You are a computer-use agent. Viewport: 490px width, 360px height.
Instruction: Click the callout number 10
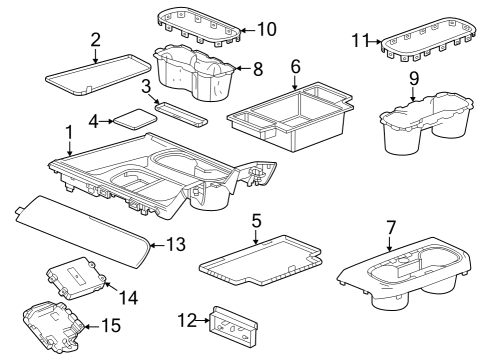tap(267, 29)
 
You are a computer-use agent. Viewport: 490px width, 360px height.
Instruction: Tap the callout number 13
tap(176, 244)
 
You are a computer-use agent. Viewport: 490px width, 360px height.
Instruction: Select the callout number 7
tap(391, 228)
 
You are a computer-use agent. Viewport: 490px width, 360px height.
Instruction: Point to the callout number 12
tap(187, 321)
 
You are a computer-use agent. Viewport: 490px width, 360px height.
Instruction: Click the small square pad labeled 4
tap(135, 119)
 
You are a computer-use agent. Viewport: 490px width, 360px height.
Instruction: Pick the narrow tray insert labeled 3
tap(181, 114)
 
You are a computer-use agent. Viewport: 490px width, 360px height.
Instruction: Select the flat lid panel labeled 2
tap(98, 75)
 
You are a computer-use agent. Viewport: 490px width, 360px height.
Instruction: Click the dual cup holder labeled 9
tap(426, 123)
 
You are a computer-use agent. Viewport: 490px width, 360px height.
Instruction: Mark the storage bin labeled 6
tap(289, 117)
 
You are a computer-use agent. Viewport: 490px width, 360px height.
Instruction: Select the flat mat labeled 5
tap(260, 261)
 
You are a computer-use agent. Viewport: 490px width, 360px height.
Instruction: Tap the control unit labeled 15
tap(52, 327)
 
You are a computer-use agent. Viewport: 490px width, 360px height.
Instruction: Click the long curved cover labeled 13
tap(82, 231)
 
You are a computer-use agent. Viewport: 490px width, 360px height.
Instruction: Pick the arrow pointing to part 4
tap(107, 121)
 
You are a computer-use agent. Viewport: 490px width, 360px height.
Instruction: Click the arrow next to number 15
tap(92, 326)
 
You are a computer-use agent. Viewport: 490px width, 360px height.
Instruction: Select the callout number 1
tap(69, 133)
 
